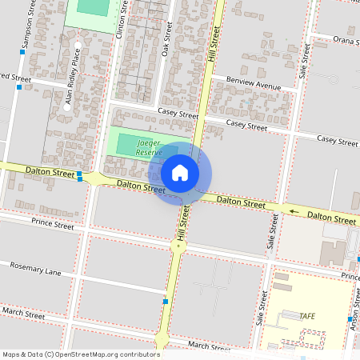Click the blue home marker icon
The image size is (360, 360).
point(180,172)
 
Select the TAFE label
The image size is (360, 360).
point(307,316)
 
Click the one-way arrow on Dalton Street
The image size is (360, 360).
point(293,212)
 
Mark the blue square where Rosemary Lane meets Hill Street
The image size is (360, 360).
point(165,302)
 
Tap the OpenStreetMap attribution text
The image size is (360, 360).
point(80,354)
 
